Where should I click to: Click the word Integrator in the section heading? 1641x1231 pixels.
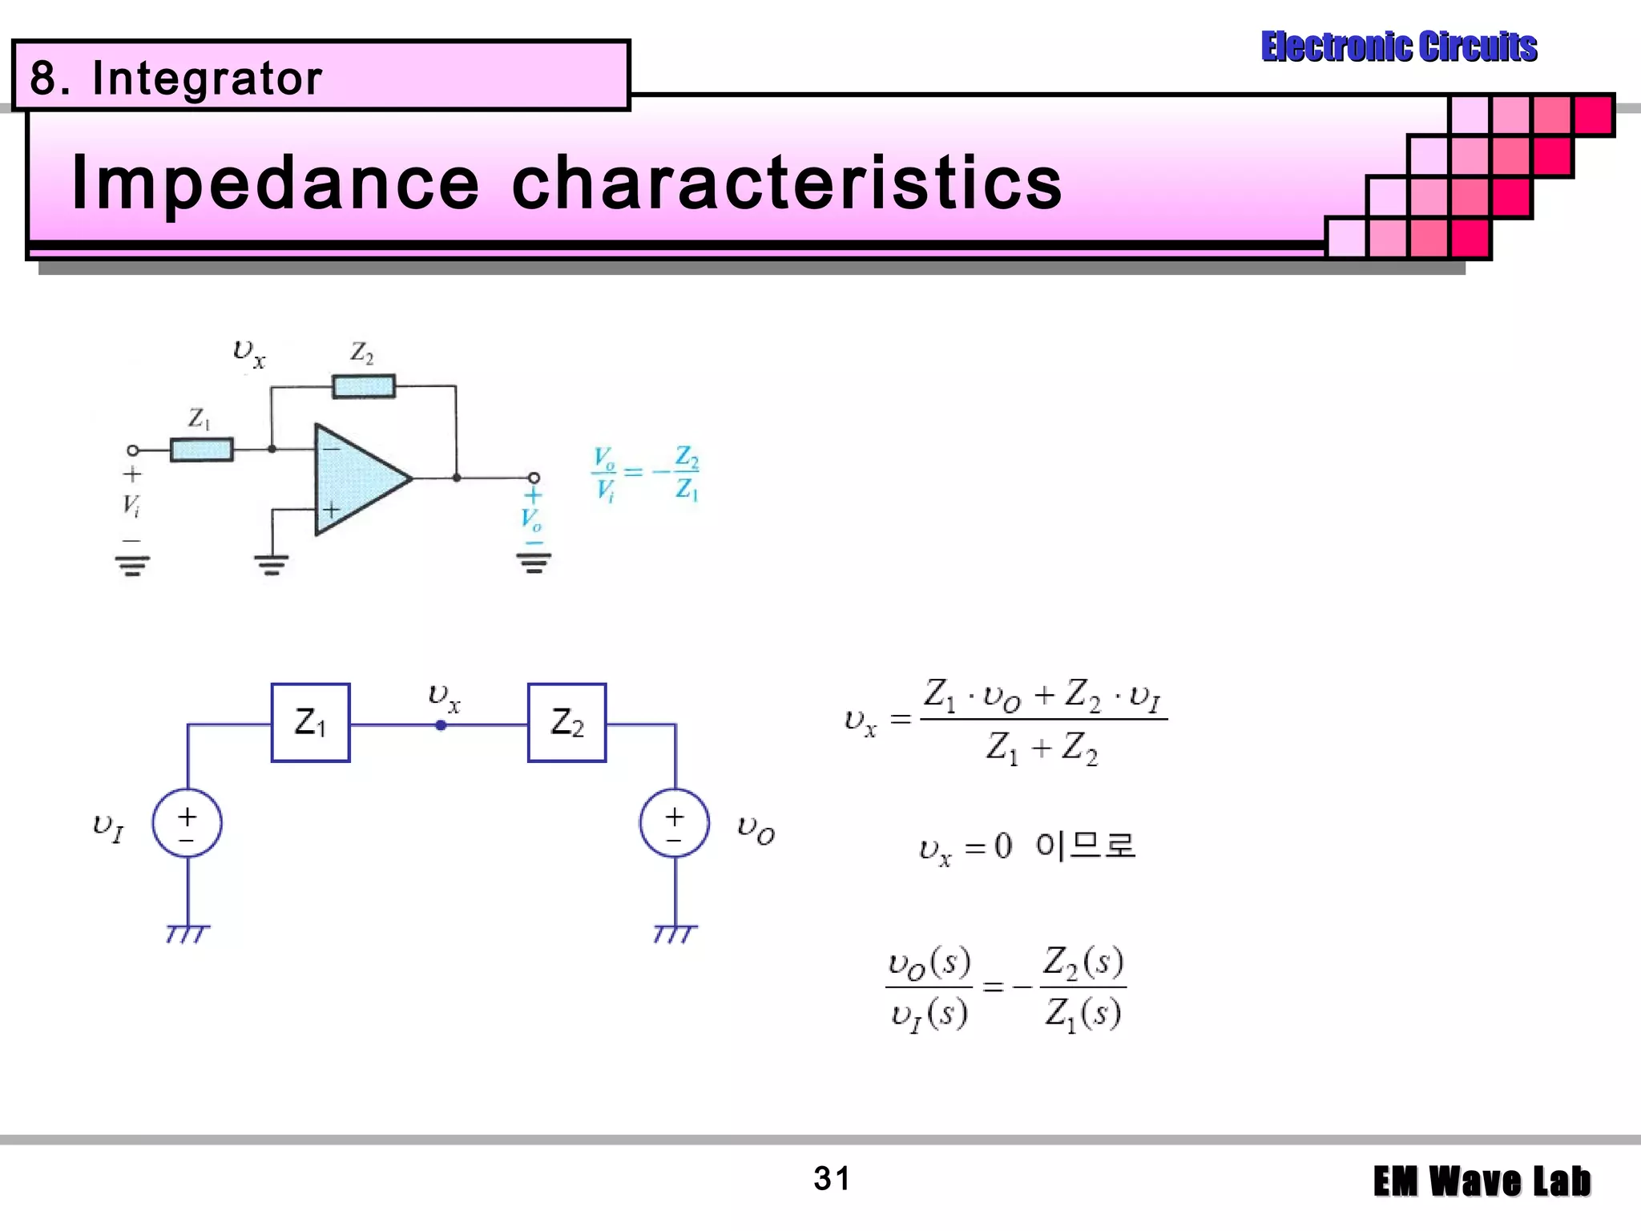click(207, 79)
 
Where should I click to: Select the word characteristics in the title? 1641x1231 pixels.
click(787, 184)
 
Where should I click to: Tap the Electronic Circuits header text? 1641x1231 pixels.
click(1399, 46)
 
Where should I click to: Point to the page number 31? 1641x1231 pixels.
click(831, 1179)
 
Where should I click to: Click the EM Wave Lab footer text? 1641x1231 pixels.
click(1482, 1182)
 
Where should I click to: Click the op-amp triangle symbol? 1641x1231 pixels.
click(357, 478)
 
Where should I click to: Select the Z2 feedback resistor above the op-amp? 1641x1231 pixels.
click(364, 386)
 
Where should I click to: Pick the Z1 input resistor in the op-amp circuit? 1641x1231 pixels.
click(202, 450)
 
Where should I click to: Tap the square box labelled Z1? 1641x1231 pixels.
click(311, 723)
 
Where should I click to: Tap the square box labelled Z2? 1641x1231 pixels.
click(566, 723)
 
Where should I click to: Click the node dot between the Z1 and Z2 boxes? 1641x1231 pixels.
click(441, 725)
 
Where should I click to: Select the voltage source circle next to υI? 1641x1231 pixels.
click(187, 823)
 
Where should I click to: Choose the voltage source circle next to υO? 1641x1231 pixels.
click(675, 823)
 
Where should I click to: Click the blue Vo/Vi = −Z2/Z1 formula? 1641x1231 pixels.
click(646, 473)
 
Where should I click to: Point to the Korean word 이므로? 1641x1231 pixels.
click(1085, 846)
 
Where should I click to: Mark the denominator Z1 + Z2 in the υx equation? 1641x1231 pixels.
click(1042, 749)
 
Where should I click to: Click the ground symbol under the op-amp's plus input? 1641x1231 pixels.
click(272, 566)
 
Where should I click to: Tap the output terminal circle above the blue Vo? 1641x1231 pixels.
click(534, 478)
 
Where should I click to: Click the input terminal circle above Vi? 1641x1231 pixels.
click(133, 450)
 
